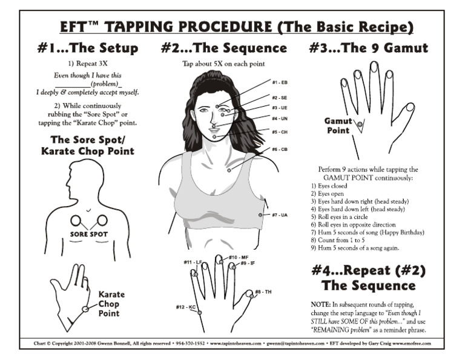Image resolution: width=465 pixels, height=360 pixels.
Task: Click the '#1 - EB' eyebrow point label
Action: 279,81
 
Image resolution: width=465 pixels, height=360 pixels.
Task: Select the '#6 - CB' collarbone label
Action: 279,149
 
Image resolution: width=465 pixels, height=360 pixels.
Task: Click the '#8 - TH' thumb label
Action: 263,292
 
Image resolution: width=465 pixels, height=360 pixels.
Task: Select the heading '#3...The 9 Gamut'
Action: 368,48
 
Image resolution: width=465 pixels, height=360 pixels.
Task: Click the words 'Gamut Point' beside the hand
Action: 338,125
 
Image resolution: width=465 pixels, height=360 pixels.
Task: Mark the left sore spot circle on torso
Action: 76,221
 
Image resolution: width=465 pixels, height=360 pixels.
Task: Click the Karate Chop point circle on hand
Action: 86,308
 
